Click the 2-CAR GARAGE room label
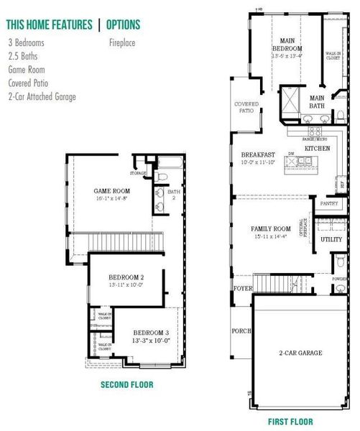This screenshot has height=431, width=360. (x=301, y=353)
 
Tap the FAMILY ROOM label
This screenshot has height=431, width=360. (x=270, y=229)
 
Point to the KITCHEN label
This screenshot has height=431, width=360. (x=317, y=147)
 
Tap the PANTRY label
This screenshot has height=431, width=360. (x=329, y=203)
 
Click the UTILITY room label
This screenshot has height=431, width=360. (x=331, y=239)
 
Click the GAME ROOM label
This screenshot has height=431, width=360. (x=111, y=190)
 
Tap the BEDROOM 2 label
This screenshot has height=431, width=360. (x=126, y=277)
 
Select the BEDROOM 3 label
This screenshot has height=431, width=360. (x=152, y=333)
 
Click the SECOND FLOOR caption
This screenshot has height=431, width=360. (x=126, y=384)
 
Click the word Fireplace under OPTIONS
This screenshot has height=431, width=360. (x=124, y=42)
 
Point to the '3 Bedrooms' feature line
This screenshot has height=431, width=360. (x=26, y=42)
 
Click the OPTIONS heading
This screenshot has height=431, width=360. (x=123, y=24)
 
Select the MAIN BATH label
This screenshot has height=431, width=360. (x=317, y=101)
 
